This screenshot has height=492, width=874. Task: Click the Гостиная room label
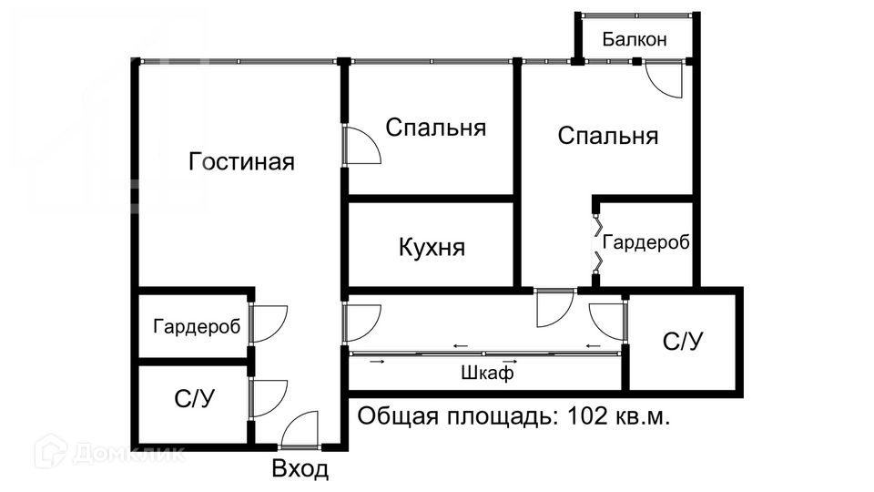tap(241, 162)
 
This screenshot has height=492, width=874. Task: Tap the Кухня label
tap(432, 247)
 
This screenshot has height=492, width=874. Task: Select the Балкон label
tap(635, 39)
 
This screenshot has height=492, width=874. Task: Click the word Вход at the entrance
tap(300, 470)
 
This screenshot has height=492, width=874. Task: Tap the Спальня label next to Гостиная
tap(435, 128)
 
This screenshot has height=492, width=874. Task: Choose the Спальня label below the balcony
tap(607, 137)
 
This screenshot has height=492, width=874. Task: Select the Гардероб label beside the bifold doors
tap(645, 243)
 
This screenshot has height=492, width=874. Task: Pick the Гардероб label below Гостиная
tap(197, 326)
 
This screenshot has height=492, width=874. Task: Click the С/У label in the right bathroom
tap(683, 342)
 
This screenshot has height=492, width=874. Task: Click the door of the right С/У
tap(606, 318)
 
